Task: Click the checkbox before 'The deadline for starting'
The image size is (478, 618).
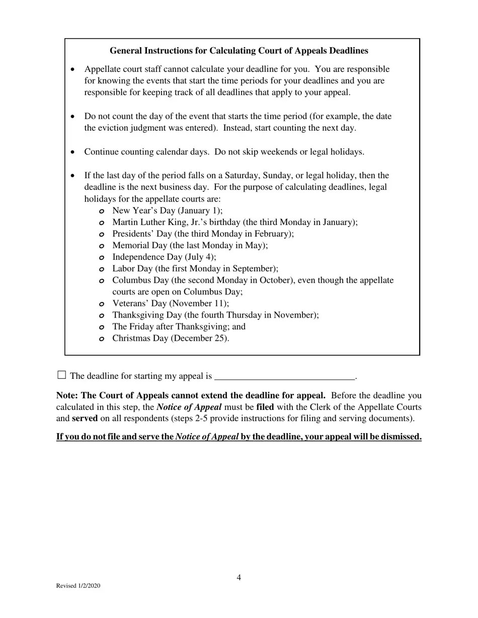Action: pos(61,375)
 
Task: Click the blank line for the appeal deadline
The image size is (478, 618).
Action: pos(284,376)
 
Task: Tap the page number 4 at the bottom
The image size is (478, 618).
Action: pos(239,578)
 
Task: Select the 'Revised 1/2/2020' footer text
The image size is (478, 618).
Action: pos(78,586)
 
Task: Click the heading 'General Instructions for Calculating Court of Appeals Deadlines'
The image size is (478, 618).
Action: pos(238,51)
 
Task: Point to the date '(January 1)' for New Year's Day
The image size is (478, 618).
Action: pos(200,211)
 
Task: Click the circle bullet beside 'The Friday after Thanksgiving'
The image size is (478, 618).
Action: pos(101,327)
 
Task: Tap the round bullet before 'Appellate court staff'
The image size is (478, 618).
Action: pos(73,69)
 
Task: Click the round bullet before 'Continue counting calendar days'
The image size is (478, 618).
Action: pos(73,152)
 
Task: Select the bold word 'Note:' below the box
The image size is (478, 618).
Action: pos(67,395)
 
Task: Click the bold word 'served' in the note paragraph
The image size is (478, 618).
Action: pos(85,419)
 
